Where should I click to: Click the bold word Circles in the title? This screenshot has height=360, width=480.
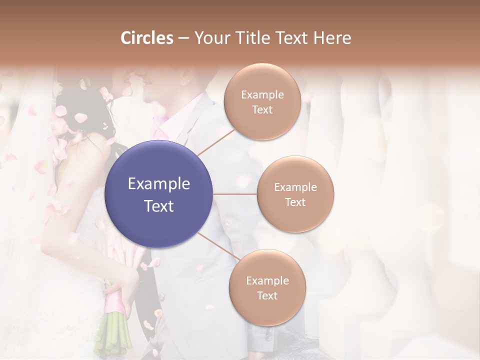[147, 38]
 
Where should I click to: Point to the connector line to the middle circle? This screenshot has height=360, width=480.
[235, 194]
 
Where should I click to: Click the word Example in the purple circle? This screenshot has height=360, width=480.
[159, 184]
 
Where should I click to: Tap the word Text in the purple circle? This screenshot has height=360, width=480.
[159, 206]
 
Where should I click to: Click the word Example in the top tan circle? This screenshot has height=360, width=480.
[262, 95]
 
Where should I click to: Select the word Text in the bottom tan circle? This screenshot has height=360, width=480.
[267, 295]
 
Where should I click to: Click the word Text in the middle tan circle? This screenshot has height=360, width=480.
[295, 202]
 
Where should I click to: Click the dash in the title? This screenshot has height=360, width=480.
[183, 38]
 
